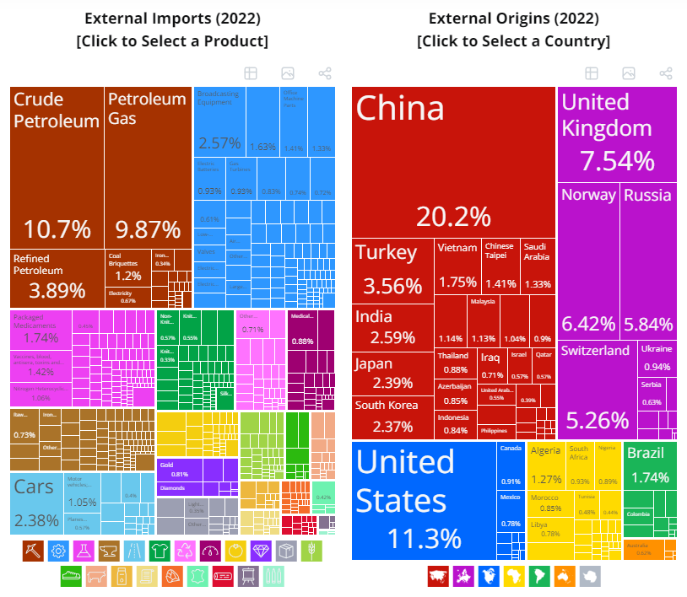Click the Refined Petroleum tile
57,277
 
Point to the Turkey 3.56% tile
392,270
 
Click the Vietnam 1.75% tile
457,265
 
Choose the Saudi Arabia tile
537,265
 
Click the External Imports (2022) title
172,19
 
